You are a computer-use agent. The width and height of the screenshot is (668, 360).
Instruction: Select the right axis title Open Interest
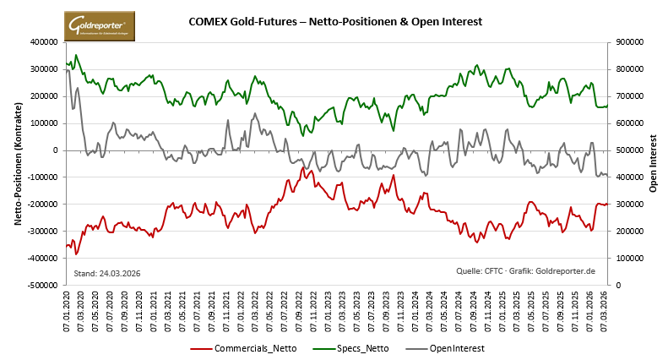[653, 164]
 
